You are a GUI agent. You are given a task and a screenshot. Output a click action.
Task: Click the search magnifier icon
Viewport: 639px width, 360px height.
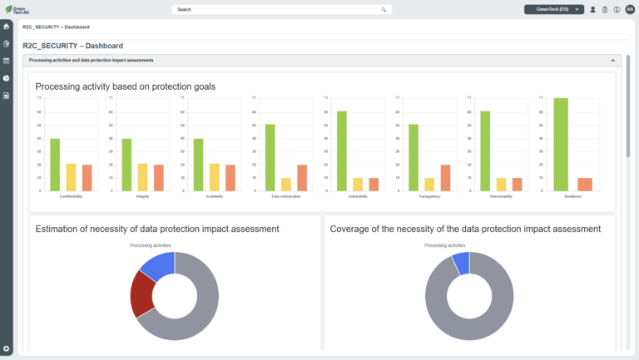384,10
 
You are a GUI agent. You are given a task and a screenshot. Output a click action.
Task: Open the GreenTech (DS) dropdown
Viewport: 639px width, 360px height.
553,10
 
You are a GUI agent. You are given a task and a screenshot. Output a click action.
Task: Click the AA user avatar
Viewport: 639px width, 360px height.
629,10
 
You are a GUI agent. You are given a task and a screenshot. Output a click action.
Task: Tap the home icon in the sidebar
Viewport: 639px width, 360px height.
7,26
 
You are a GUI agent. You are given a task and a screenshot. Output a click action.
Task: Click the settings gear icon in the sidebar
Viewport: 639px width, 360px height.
7,348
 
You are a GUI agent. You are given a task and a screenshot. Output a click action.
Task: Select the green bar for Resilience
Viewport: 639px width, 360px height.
561,145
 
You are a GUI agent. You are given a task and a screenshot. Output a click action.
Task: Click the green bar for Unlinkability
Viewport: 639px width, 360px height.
342,151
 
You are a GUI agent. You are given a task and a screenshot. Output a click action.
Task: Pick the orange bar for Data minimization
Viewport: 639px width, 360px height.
302,178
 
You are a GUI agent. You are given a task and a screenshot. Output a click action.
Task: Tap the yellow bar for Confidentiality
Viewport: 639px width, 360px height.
71,177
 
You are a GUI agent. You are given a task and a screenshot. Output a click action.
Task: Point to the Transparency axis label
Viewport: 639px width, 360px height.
430,196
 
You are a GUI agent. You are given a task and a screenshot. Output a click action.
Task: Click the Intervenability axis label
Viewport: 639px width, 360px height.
502,196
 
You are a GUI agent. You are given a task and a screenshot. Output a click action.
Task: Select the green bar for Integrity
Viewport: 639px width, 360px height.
126,165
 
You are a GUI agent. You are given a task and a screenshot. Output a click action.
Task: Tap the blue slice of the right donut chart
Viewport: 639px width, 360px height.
461,263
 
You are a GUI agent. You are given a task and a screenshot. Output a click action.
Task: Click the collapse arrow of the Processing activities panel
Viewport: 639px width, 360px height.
613,61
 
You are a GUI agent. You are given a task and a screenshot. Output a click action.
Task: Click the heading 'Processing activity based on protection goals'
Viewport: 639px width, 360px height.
126,86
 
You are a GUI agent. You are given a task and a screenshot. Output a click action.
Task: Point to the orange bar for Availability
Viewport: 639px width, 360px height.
230,178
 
